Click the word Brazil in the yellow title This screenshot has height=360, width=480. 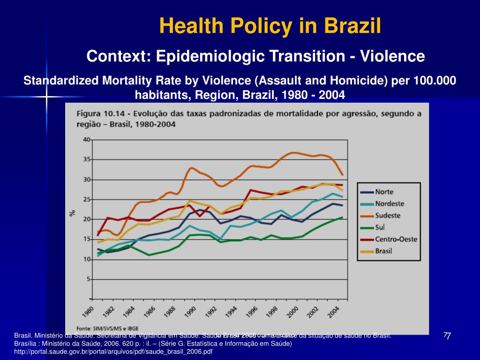click(355, 26)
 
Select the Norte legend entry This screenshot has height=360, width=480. click(384, 192)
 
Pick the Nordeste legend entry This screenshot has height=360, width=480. click(390, 203)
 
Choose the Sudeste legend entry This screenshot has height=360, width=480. click(388, 216)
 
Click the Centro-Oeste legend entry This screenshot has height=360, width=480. click(396, 239)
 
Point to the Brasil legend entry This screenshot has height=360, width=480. click(383, 251)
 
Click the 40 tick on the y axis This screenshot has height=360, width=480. click(87, 140)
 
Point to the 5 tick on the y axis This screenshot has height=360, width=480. click(88, 279)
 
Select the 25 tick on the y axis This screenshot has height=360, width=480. click(87, 200)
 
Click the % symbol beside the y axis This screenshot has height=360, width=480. click(72, 213)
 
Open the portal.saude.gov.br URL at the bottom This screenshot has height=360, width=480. click(113, 351)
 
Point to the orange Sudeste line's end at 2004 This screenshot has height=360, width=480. click(343, 175)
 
